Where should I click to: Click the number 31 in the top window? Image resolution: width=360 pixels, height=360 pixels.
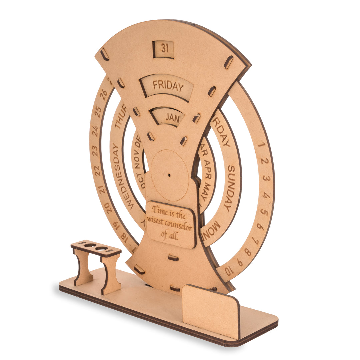click(x=164, y=49)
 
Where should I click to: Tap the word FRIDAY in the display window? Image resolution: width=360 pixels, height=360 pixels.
click(x=168, y=86)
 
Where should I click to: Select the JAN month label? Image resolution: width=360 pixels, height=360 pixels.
click(x=172, y=118)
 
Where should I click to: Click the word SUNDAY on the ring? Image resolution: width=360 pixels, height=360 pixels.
click(x=230, y=189)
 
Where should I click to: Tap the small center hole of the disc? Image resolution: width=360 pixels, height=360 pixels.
click(x=169, y=175)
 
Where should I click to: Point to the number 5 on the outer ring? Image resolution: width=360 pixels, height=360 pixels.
click(x=264, y=212)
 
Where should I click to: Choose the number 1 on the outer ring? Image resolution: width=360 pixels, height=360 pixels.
click(x=261, y=145)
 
